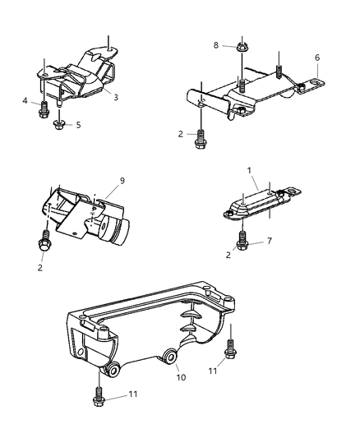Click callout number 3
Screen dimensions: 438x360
coord(116,98)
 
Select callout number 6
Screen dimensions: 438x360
coord(317,58)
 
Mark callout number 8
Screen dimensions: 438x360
coord(216,46)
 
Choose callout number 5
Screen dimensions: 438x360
coord(78,126)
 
